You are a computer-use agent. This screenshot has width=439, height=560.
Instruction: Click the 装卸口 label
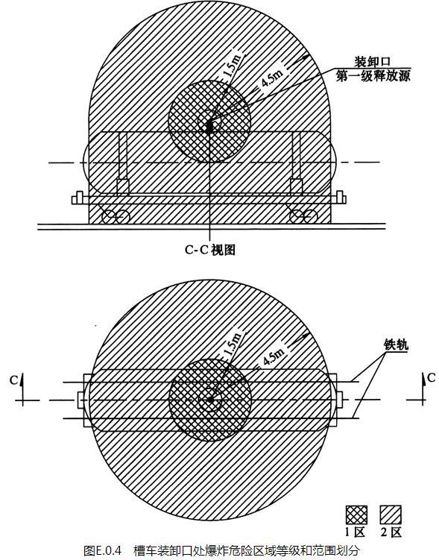pos(372,62)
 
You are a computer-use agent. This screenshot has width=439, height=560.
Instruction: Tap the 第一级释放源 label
pos(373,76)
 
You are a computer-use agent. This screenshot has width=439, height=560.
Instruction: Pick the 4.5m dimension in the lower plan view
pos(274,356)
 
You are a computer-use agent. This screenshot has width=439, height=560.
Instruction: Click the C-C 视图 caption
pos(210,250)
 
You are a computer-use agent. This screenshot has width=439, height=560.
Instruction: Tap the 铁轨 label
pos(396,345)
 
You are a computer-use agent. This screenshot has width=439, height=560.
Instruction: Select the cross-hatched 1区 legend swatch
pos(356,515)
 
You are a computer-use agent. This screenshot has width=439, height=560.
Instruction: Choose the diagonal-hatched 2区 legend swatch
pos(391,515)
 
